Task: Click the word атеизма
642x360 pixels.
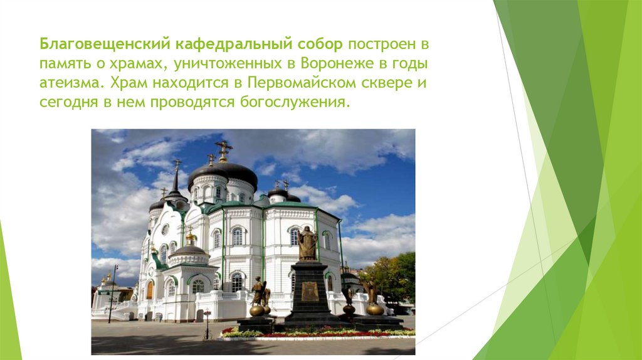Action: coord(68,83)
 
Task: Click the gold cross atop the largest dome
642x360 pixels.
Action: coord(223,151)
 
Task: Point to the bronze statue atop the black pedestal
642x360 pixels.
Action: coord(307,243)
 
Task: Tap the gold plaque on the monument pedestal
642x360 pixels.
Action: coord(310,291)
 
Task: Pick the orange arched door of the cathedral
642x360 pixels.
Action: coord(150,289)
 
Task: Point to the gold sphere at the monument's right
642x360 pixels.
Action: coord(375,309)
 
